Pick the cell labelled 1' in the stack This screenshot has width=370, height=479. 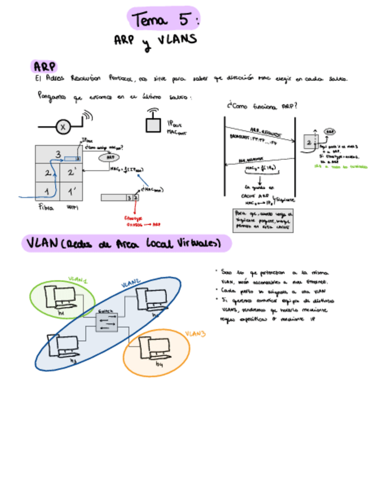pos(72,191)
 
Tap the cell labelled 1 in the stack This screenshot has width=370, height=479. pos(47,191)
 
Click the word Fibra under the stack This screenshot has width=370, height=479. pos(45,208)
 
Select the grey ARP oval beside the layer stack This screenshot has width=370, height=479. pos(111,157)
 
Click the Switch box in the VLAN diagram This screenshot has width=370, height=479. pos(106,321)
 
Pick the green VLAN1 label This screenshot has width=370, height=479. pos(78,280)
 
